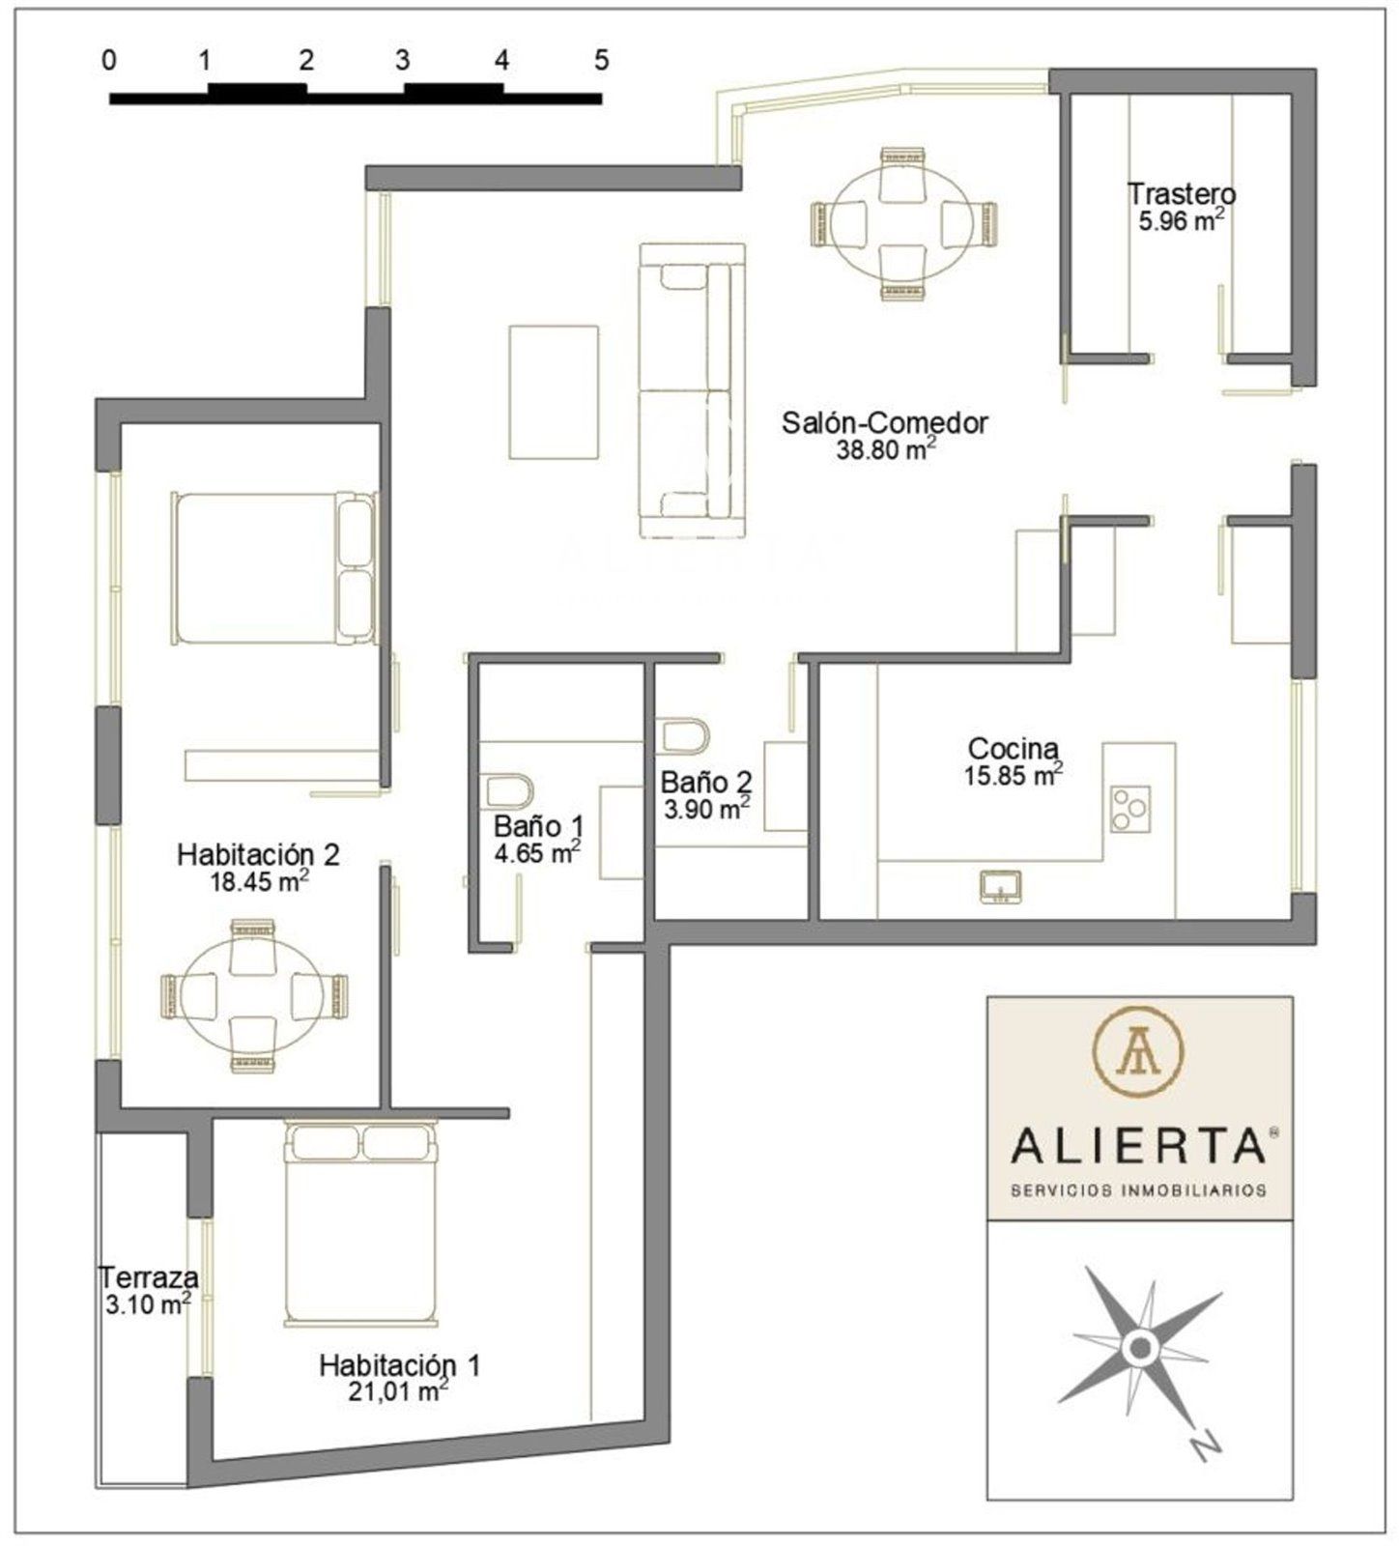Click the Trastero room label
tap(1181, 193)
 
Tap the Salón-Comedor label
tap(885, 422)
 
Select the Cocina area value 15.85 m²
tap(1013, 774)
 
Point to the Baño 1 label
tap(538, 826)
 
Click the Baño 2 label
tap(706, 782)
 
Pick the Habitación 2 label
tap(258, 854)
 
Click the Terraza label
tap(150, 1277)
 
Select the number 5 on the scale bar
tap(602, 61)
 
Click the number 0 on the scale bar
tap(109, 61)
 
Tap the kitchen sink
tap(1001, 886)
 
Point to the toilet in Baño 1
tap(507, 790)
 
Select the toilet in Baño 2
tap(686, 734)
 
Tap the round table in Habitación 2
tap(253, 996)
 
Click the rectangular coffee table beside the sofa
tap(554, 392)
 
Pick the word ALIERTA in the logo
tap(1139, 1146)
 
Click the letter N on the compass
tap(1203, 1445)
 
